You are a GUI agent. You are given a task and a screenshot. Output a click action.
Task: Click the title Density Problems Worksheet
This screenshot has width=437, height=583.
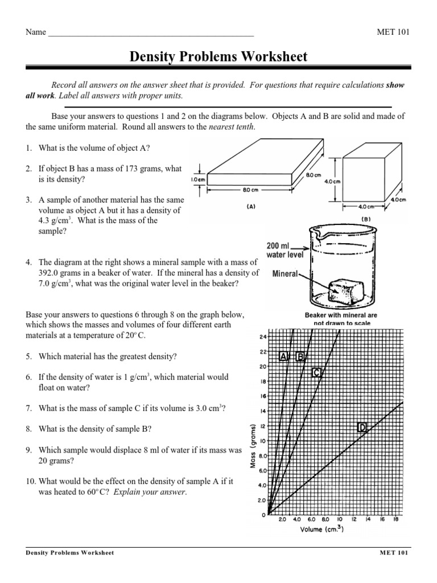(x=218, y=56)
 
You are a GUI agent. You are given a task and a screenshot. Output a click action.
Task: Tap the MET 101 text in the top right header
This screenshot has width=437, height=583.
(x=393, y=32)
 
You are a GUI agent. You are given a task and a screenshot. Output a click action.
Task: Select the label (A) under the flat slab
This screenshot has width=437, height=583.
(x=250, y=208)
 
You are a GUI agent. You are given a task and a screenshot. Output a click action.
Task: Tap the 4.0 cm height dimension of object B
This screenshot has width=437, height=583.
(x=332, y=181)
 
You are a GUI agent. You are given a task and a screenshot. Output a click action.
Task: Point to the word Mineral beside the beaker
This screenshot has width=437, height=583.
(x=285, y=273)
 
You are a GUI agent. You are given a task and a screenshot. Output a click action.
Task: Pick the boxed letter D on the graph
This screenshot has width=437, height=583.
(x=362, y=427)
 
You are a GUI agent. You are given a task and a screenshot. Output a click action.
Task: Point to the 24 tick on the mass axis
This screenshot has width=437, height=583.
(x=263, y=336)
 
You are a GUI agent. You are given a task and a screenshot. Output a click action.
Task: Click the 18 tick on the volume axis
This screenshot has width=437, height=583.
(x=396, y=519)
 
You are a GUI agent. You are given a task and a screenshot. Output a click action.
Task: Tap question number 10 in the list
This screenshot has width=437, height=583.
(x=31, y=482)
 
